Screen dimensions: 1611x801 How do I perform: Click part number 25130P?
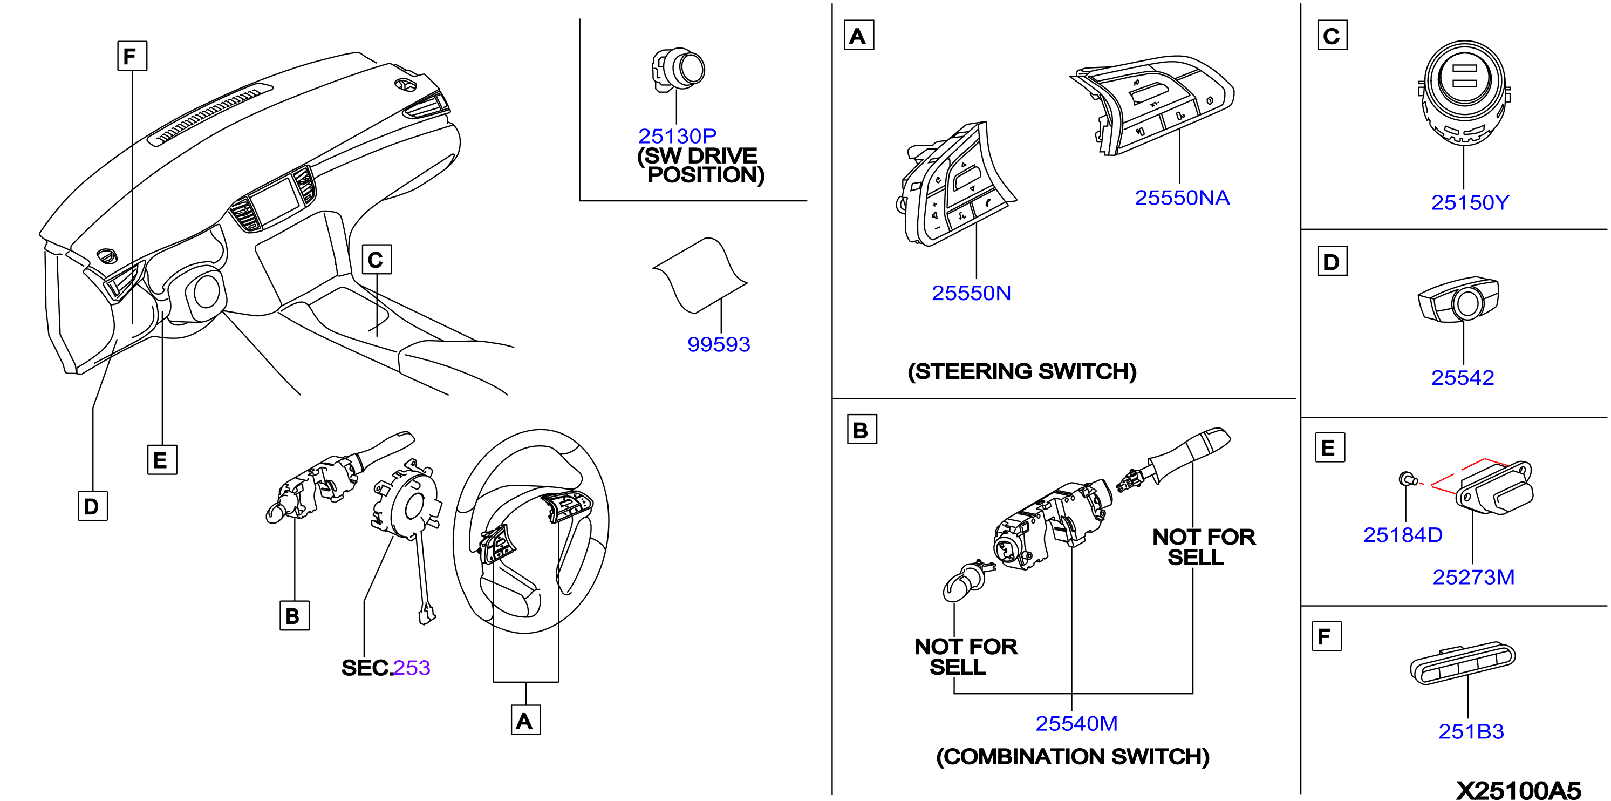[677, 136]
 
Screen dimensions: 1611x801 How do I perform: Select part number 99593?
[719, 344]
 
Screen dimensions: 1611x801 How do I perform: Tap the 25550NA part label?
[1182, 198]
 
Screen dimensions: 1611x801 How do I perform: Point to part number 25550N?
[971, 293]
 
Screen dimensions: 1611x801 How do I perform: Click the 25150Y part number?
[1470, 203]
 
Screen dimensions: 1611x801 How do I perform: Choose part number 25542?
[1462, 377]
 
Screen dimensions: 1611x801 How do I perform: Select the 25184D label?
[1403, 535]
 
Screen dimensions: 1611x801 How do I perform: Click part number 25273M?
[1473, 577]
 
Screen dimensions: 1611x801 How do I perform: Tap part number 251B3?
[1471, 731]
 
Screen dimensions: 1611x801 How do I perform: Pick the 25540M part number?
[1076, 723]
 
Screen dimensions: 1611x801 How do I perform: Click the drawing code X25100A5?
[1518, 790]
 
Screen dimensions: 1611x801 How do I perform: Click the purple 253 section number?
[411, 668]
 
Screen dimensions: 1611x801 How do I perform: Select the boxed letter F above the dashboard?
[132, 56]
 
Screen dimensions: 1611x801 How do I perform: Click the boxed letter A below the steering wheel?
[525, 719]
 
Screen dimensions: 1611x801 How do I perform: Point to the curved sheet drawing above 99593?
[699, 275]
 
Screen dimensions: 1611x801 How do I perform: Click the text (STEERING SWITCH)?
[1022, 371]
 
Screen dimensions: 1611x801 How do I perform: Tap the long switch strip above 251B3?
[1462, 663]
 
